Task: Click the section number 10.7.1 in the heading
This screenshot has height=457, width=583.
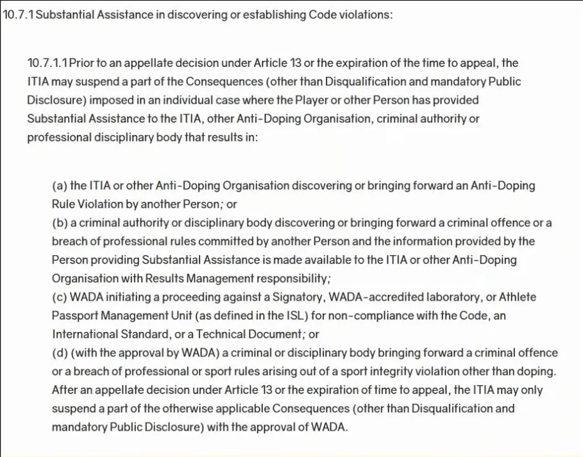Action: click(x=19, y=14)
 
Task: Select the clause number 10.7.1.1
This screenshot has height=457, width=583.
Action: click(x=47, y=63)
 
